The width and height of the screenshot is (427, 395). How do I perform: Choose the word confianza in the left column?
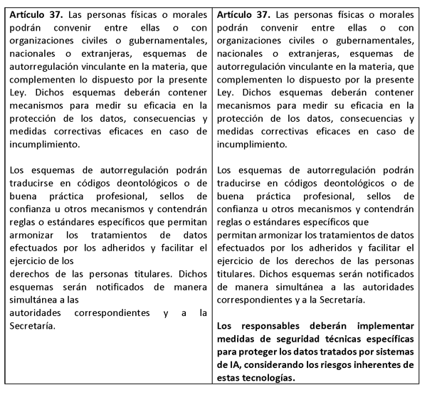[x=30, y=210]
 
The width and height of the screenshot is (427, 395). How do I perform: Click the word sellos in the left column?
[x=191, y=197]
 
